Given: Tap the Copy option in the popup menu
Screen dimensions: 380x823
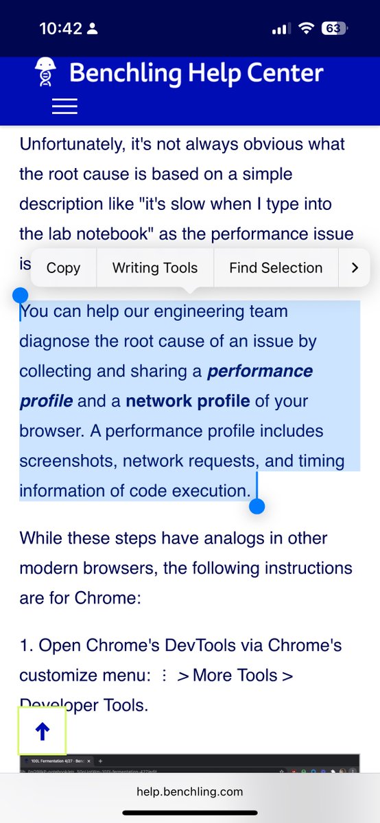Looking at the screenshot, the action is tap(63, 268).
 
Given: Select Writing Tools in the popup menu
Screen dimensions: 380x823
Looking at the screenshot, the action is tap(155, 268).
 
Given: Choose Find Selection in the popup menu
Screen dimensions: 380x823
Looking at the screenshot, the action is tap(276, 268).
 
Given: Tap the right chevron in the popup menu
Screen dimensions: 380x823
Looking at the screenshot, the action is tap(355, 268).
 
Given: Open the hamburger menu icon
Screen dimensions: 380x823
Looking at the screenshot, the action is tap(64, 106).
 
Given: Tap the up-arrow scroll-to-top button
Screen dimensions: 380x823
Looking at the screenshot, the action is tap(42, 732).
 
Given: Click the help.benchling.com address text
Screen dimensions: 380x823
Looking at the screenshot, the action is tap(190, 791).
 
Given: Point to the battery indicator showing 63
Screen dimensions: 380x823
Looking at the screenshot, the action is tap(334, 29).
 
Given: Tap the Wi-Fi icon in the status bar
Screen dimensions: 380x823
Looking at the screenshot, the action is tap(306, 29).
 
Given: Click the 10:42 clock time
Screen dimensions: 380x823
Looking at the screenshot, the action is tap(60, 29).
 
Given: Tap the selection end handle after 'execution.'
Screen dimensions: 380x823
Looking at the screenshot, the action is tap(257, 506).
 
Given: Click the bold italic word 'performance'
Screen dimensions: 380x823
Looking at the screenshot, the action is tap(260, 371).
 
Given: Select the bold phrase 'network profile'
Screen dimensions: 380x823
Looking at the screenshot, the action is tap(187, 401).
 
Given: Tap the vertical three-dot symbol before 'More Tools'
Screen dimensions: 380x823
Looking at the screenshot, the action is tap(164, 676).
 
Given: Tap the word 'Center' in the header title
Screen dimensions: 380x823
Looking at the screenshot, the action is tap(283, 73).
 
